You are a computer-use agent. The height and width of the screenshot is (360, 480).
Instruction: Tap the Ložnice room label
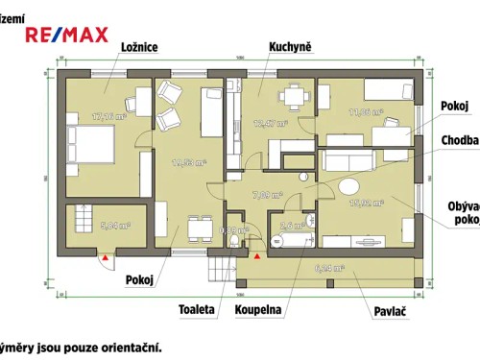pos(139,45)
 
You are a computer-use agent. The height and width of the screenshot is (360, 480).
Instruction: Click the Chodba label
pos(459,141)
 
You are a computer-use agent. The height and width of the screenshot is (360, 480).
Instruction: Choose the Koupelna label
pos(257,310)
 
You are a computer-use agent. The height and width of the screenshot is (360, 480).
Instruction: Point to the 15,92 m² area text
pos(367,203)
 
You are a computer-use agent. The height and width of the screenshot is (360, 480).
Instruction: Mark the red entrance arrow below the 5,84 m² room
pos(103,256)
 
